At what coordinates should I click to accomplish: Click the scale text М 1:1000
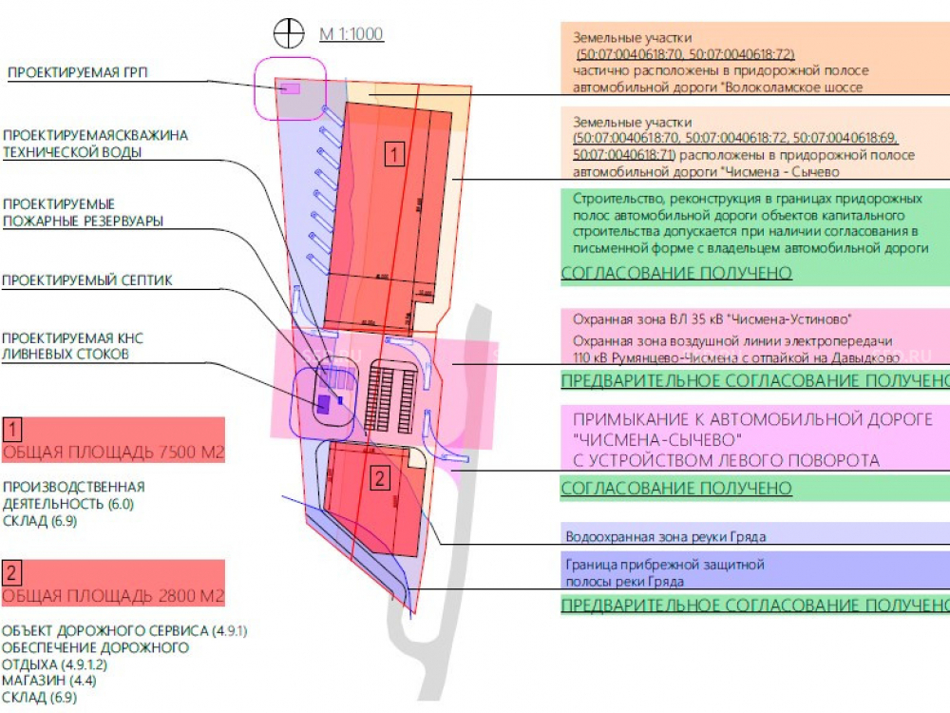tap(351, 35)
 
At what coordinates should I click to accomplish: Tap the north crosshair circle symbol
tap(288, 33)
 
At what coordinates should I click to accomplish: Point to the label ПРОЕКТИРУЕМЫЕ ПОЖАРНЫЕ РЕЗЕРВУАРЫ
tap(83, 213)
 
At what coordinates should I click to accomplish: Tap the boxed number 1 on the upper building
tap(395, 152)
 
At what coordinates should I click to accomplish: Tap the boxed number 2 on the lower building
tap(380, 477)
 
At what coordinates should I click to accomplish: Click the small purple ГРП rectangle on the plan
tap(290, 88)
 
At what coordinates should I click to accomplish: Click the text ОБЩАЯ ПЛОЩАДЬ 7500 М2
tap(114, 453)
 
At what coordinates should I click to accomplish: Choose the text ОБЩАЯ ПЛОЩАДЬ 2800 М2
tap(114, 596)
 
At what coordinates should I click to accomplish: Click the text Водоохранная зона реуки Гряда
tap(665, 537)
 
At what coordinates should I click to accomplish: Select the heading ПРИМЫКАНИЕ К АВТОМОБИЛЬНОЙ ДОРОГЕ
tap(752, 419)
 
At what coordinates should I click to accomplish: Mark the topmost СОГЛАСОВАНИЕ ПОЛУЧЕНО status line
tap(676, 274)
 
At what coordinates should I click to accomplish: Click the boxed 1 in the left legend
tap(12, 428)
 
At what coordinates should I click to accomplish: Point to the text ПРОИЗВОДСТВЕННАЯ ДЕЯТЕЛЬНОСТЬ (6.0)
tap(74, 495)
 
